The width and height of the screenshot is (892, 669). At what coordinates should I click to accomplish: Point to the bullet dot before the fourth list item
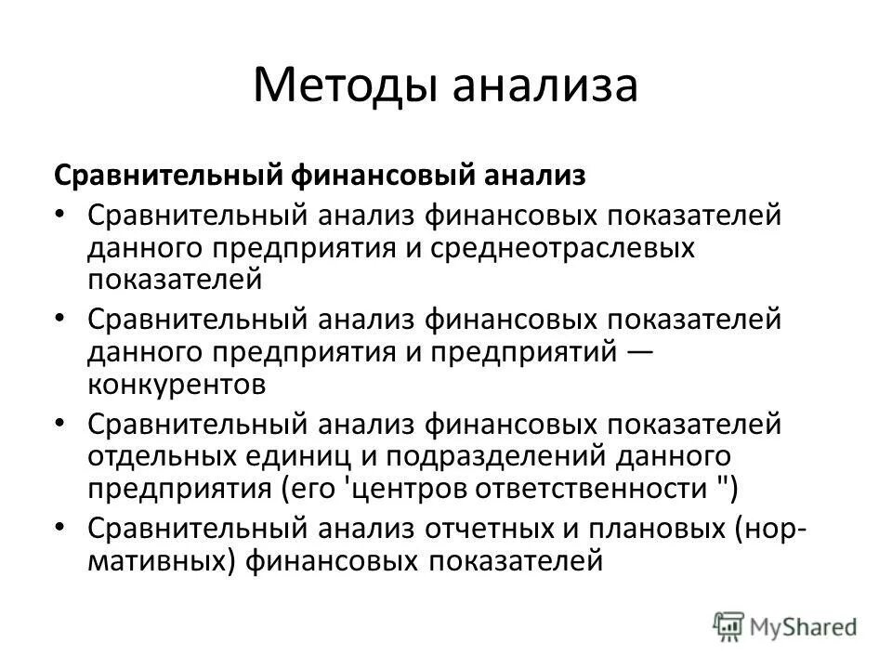(x=61, y=527)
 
